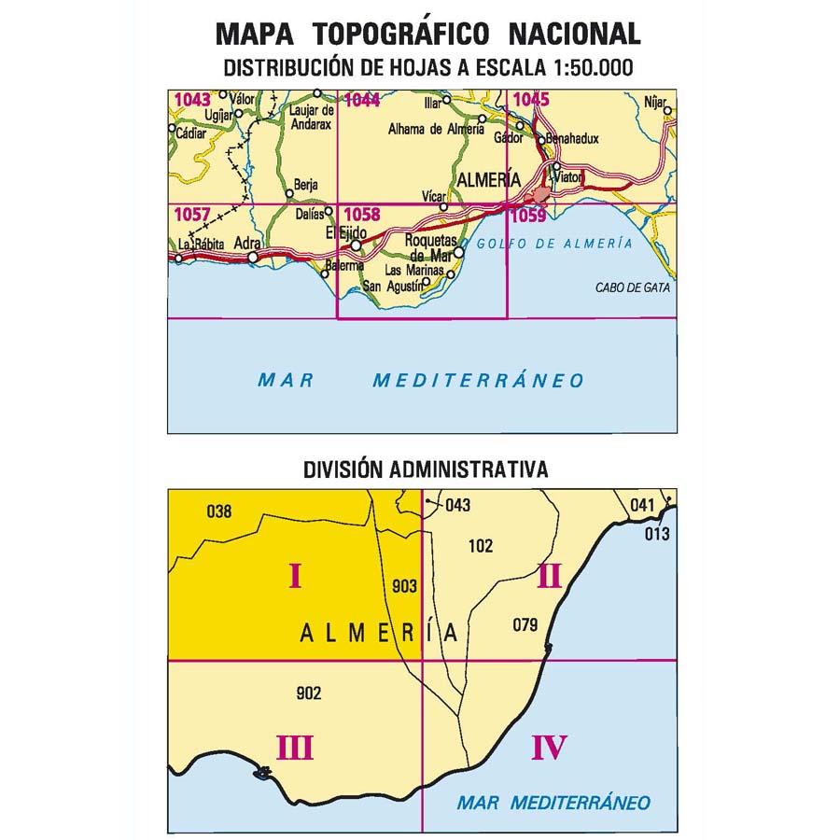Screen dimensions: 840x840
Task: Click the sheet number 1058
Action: pyautogui.click(x=361, y=214)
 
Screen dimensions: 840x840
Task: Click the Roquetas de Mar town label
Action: pyautogui.click(x=430, y=246)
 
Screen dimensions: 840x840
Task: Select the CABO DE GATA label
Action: pyautogui.click(x=632, y=287)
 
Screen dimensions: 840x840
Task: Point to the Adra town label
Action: pyautogui.click(x=247, y=243)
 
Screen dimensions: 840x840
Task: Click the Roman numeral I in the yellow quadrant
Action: pyautogui.click(x=295, y=578)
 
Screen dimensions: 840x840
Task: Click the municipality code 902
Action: pyautogui.click(x=307, y=693)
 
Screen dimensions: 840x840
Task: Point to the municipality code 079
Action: pyautogui.click(x=525, y=625)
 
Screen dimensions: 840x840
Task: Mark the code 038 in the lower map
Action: pyautogui.click(x=217, y=511)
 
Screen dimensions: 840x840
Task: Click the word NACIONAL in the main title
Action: pyautogui.click(x=574, y=34)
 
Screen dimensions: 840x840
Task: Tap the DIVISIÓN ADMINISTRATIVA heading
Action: pyautogui.click(x=425, y=469)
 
